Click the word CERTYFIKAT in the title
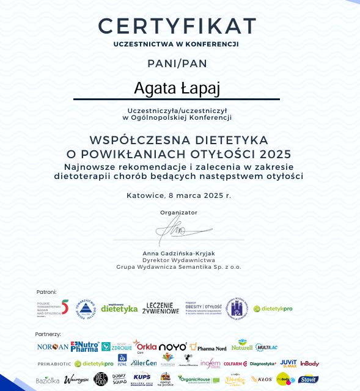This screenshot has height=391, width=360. (177, 26)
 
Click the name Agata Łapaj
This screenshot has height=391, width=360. (177, 88)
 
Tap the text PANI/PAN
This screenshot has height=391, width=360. (177, 63)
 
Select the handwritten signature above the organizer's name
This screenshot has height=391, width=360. (172, 230)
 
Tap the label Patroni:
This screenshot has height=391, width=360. (46, 292)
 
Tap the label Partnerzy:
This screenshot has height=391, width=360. (48, 334)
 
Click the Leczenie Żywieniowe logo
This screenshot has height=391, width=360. (161, 308)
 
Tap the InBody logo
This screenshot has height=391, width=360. (310, 364)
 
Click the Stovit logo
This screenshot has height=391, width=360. (309, 379)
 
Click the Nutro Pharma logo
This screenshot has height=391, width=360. (84, 346)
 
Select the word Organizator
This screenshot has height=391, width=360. (178, 212)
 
